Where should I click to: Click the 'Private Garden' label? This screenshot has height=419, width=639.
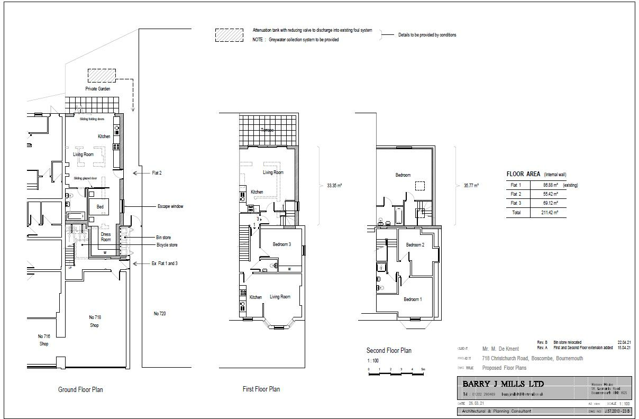point(98,89)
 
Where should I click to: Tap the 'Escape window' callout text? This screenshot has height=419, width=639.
point(170,206)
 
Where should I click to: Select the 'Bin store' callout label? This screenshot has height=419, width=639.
point(163,238)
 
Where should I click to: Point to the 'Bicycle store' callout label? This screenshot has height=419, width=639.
point(167,245)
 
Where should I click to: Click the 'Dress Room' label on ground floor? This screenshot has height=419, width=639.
point(106,236)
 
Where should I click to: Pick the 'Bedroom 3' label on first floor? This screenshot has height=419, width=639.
point(282,244)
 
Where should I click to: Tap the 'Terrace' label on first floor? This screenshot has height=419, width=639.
point(268,130)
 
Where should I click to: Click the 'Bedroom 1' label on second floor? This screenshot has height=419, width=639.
point(413,299)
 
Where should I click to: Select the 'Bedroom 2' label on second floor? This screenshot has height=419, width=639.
point(415,245)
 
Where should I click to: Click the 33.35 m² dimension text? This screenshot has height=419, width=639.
point(334,186)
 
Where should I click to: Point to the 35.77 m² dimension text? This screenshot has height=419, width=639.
point(471,186)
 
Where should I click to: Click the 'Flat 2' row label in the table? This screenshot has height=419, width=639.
point(516,194)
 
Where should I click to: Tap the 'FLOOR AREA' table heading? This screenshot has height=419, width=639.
point(523,174)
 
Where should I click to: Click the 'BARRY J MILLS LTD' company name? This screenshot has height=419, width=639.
point(503,384)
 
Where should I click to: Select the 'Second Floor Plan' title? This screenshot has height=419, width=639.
point(389,350)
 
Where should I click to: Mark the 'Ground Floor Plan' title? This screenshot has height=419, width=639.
point(80,390)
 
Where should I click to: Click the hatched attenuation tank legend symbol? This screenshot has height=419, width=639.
point(229,34)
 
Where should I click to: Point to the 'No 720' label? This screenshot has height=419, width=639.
point(160,314)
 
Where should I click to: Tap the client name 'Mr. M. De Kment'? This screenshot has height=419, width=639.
point(500,349)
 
